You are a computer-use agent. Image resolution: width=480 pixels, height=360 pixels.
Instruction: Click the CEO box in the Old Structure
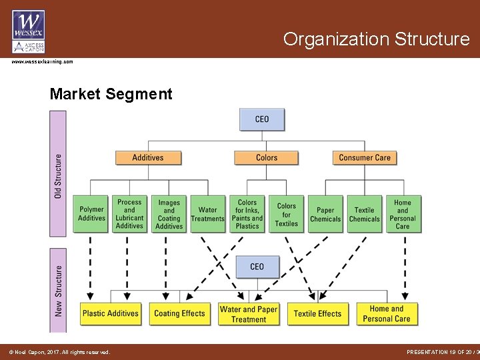point(262,119)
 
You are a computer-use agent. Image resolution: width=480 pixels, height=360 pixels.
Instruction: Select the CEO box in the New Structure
point(257,267)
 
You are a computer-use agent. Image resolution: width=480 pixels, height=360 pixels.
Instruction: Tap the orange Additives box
point(147,158)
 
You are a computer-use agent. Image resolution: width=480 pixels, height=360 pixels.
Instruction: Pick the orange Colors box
point(266,158)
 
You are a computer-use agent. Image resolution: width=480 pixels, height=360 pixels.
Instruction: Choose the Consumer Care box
point(365,158)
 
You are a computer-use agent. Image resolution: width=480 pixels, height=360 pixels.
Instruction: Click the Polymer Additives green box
point(91,214)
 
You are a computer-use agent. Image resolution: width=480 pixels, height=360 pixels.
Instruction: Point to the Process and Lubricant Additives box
point(129,214)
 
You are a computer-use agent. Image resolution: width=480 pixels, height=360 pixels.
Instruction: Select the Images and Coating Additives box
point(169,214)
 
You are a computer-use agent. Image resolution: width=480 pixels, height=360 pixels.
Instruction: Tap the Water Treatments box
point(208,214)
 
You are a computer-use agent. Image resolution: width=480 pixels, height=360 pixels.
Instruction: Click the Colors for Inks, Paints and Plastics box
point(247,214)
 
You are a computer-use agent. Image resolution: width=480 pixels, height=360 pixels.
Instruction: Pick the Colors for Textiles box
point(287,214)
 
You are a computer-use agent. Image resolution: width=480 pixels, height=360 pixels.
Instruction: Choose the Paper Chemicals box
point(325,214)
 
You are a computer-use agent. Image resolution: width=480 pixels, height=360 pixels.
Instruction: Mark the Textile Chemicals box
point(364,214)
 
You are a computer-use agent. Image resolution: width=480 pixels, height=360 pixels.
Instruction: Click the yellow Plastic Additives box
point(110,313)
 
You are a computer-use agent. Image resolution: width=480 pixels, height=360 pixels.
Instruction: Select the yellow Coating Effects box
point(179,313)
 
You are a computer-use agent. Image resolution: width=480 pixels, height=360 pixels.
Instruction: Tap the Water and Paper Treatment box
point(249,314)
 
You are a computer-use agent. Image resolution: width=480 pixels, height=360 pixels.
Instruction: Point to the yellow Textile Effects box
point(317,313)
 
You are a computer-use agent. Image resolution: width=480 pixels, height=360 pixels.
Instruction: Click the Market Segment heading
point(111,94)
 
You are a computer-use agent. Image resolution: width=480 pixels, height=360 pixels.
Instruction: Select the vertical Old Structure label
point(58,175)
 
